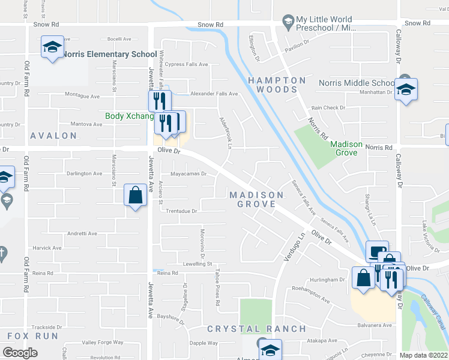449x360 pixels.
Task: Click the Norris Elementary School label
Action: click(x=105, y=54)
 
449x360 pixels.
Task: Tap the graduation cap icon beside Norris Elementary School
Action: click(x=52, y=47)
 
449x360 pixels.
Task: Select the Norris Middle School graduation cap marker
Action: click(x=406, y=89)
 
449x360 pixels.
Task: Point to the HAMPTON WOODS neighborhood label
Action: click(x=277, y=85)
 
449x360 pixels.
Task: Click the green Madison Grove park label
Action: click(x=346, y=148)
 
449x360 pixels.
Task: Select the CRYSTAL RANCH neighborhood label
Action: click(x=256, y=329)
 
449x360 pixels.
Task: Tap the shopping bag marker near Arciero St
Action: click(x=135, y=195)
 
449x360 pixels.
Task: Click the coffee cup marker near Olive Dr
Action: click(x=376, y=251)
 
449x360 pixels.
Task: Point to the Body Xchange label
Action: click(x=129, y=116)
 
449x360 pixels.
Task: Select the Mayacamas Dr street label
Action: click(x=188, y=174)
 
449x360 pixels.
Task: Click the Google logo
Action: click(x=20, y=353)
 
